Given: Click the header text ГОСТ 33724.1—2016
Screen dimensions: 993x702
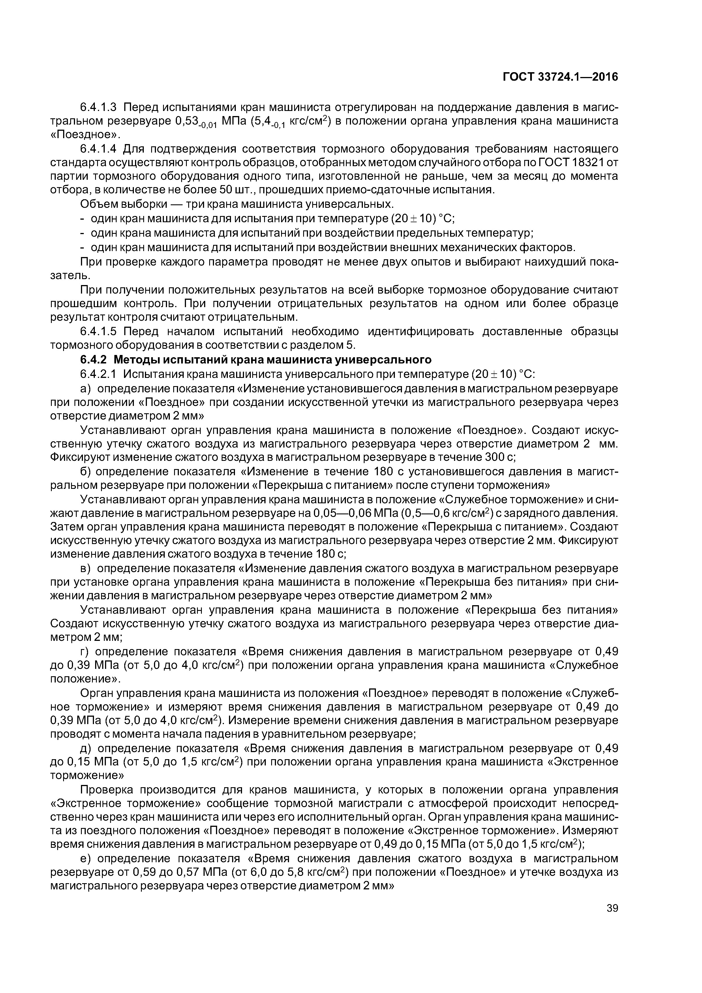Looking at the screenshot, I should [x=560, y=77].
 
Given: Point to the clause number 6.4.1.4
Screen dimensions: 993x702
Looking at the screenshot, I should [x=99, y=149].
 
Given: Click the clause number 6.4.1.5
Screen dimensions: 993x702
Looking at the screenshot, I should [x=99, y=332].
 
